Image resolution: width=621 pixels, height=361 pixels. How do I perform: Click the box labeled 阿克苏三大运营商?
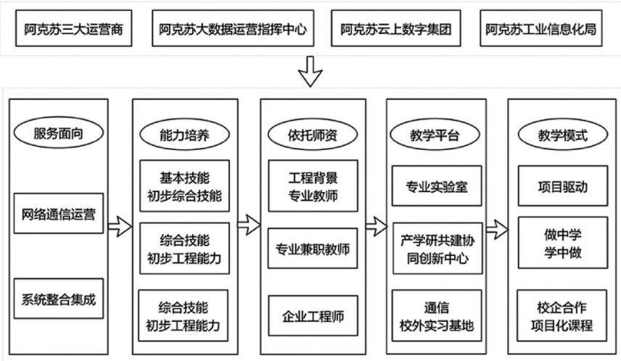[74, 28]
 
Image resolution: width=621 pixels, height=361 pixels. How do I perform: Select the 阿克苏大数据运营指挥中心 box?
[233, 28]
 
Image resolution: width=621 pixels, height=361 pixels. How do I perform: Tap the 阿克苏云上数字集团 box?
[395, 28]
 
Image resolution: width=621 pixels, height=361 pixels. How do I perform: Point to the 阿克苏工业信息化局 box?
[541, 28]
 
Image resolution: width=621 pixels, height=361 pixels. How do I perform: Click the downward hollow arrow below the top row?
[310, 71]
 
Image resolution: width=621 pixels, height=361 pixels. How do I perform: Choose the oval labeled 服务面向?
[59, 133]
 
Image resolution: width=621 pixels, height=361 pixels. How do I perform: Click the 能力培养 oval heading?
[184, 135]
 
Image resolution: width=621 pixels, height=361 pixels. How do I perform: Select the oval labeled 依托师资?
[313, 135]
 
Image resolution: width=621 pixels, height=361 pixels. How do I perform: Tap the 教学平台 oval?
[435, 135]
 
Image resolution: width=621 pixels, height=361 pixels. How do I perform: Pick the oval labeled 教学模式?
[563, 135]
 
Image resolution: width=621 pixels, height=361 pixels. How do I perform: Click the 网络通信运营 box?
[59, 213]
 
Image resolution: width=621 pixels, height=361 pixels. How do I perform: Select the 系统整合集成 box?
[59, 299]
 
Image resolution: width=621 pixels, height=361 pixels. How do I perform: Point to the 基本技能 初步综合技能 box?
[184, 186]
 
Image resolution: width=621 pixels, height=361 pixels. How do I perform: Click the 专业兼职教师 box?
[313, 248]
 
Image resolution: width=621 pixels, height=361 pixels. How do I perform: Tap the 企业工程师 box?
[313, 315]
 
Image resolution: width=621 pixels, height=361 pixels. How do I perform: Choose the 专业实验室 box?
[437, 186]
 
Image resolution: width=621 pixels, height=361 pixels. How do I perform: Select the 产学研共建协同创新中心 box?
[437, 248]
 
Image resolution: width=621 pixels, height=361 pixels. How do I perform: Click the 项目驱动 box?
[563, 186]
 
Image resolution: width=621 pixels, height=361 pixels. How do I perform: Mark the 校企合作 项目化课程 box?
[562, 315]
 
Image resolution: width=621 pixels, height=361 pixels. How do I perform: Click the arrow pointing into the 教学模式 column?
[497, 229]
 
